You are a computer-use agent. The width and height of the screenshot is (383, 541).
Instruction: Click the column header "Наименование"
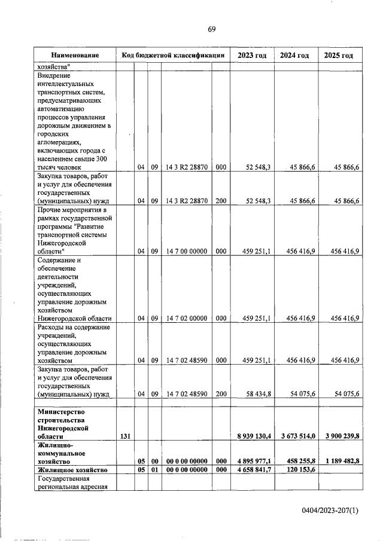point(74,56)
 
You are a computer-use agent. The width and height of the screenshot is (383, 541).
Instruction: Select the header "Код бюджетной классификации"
point(173,56)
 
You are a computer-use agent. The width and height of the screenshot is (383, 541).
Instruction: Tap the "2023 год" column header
point(253,56)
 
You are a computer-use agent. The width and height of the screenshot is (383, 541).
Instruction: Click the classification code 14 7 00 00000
point(187,252)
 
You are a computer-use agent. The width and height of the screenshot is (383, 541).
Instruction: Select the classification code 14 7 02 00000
point(187,318)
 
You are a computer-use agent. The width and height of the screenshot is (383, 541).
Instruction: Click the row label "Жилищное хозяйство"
point(73,471)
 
